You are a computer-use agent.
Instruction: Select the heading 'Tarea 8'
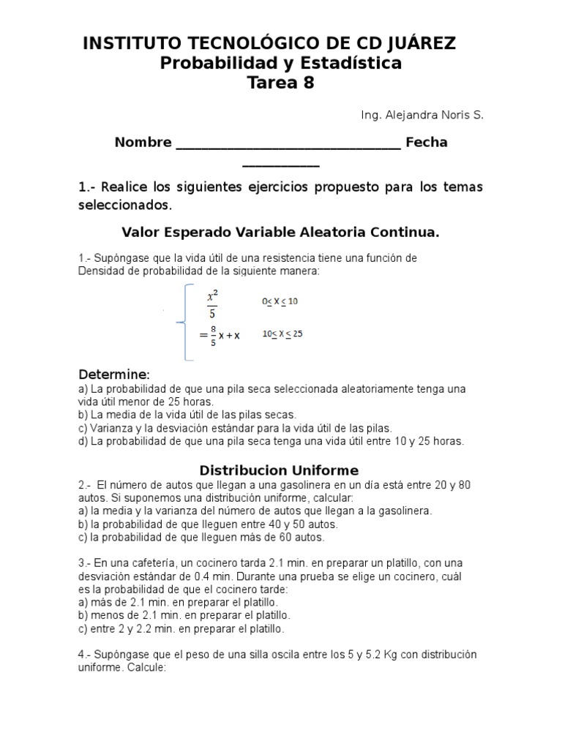(281, 83)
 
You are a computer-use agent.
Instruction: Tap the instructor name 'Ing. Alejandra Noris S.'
(422, 115)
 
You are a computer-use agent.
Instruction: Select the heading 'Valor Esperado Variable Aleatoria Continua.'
(280, 233)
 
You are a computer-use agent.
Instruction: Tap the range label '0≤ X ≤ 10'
(280, 301)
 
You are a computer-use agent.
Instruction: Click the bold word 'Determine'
(113, 374)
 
